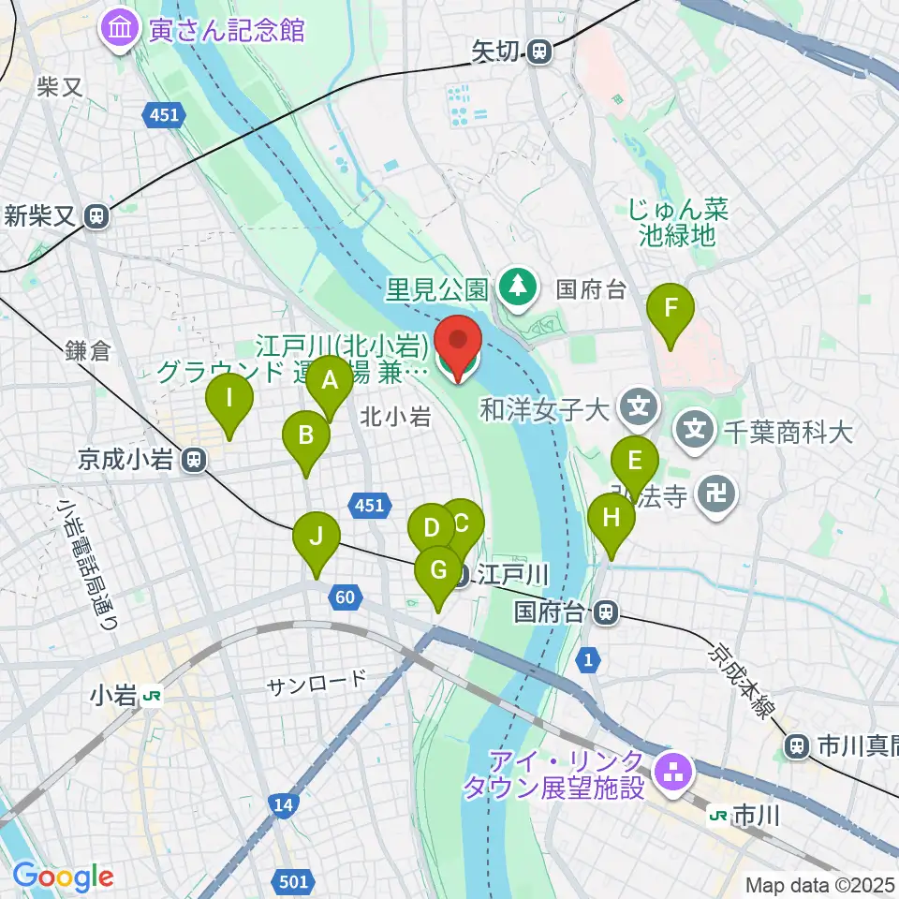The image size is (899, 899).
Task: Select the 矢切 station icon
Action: (538, 53)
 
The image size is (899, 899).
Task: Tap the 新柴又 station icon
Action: (96, 216)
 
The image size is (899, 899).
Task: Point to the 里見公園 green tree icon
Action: (515, 286)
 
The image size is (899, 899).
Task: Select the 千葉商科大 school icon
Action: (696, 431)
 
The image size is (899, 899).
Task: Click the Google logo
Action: (63, 877)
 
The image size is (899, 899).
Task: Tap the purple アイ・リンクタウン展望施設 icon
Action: (671, 772)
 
